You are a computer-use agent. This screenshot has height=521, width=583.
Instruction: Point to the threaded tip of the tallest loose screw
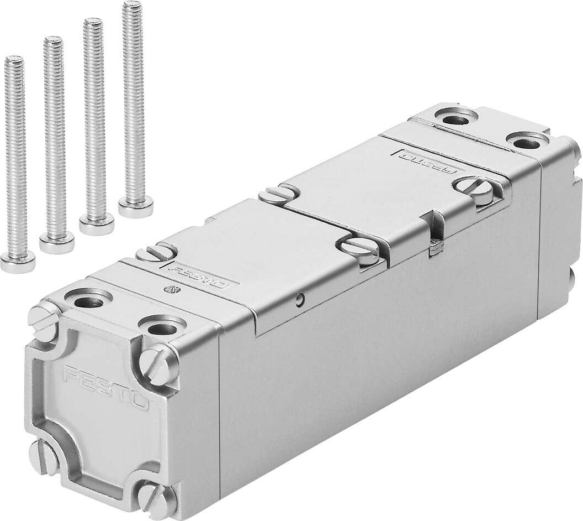(130, 7)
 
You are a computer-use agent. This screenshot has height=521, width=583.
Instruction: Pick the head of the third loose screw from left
(97, 223)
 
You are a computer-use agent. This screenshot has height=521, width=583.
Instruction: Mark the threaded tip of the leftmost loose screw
(13, 60)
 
